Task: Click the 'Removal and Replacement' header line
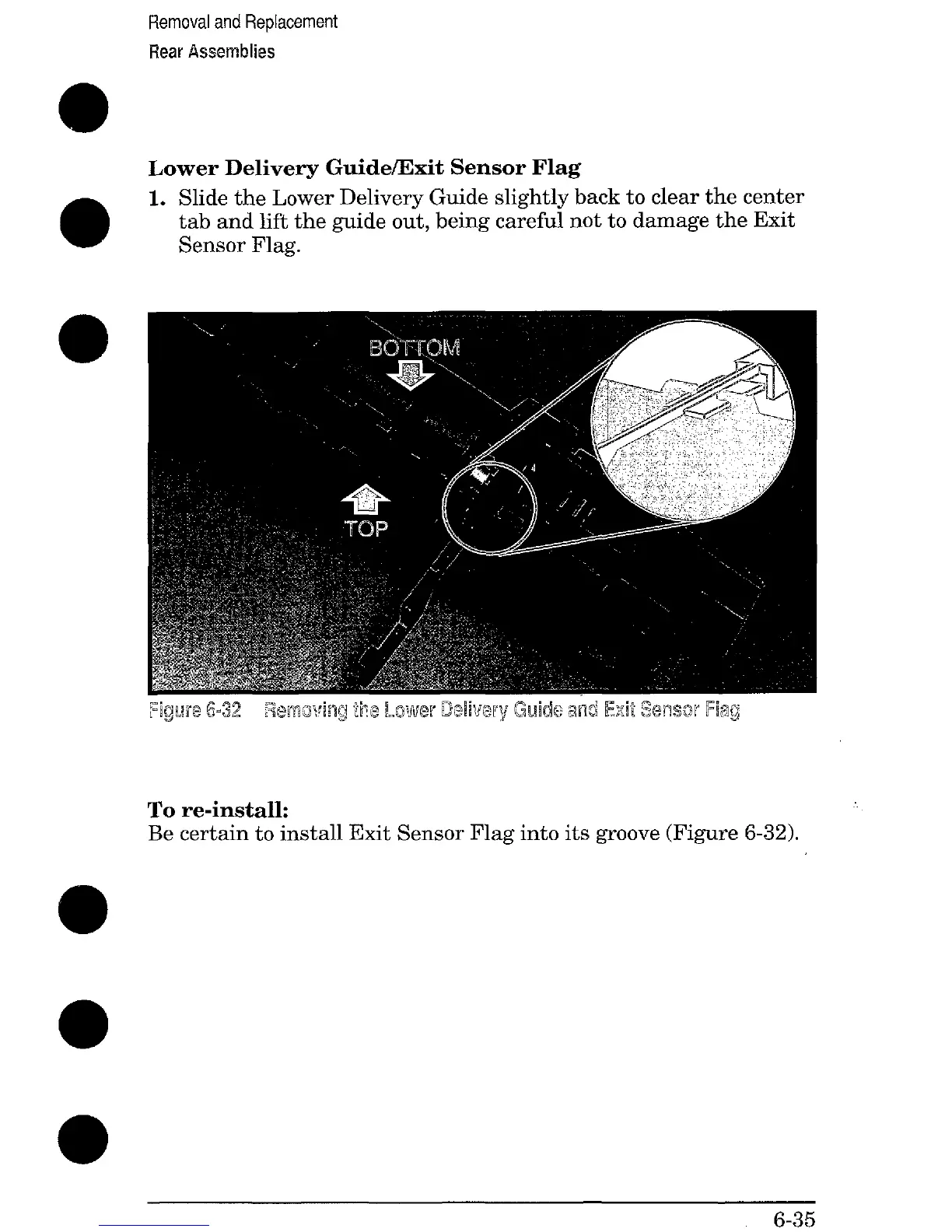click(243, 22)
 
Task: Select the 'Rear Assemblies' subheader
click(212, 52)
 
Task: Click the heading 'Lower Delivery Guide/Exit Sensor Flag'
click(364, 168)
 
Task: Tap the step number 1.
click(156, 198)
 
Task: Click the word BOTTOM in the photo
click(415, 348)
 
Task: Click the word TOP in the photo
click(366, 529)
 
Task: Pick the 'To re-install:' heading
click(219, 810)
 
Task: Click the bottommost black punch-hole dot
click(82, 1139)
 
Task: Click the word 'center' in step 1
click(766, 198)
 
